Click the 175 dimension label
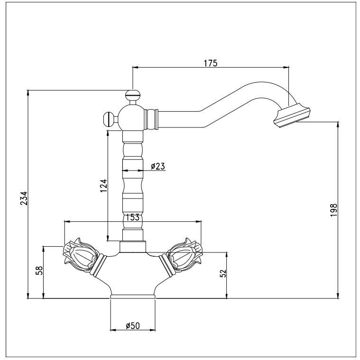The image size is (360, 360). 210,63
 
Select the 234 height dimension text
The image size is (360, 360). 24,198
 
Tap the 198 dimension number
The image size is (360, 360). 333,210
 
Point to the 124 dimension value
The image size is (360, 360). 104,186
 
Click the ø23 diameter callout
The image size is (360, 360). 158,166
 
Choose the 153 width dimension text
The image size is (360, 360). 132,217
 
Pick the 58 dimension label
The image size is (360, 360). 39,270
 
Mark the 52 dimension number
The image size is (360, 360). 223,273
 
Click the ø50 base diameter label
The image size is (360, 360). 133,325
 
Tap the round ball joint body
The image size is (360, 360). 131,117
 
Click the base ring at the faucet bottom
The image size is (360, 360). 133,297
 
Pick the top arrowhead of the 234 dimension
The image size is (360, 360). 28,92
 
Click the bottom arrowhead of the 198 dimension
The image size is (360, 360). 338,296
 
